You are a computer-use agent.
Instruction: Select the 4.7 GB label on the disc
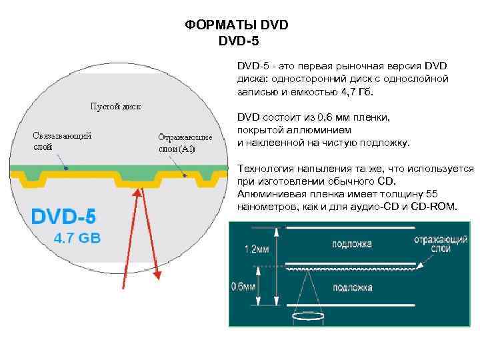tap(77, 238)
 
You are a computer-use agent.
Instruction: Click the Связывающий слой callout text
tap(62, 141)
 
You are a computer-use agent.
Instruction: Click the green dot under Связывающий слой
tap(65, 168)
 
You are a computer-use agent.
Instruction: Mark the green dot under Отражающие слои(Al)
tap(185, 176)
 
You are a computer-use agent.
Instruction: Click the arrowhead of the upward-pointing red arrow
tap(140, 193)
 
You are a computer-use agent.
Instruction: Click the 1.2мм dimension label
tap(257, 249)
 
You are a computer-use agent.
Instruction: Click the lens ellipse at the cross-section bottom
tap(309, 317)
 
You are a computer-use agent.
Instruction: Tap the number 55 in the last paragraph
tap(431, 194)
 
